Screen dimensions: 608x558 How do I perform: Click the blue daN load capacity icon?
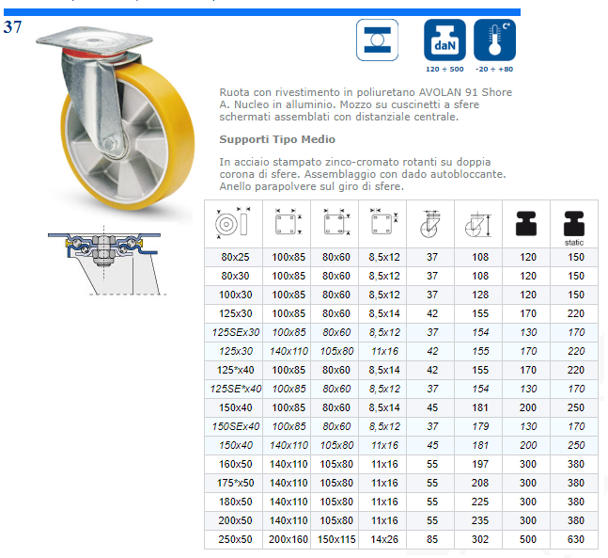click(x=444, y=40)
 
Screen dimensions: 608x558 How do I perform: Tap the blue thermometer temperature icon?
click(x=495, y=40)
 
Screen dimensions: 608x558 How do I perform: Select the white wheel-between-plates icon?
click(x=377, y=40)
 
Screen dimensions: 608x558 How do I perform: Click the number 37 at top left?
click(x=13, y=27)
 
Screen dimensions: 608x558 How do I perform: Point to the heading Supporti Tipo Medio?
click(x=277, y=139)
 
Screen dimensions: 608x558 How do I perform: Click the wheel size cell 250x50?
click(x=235, y=539)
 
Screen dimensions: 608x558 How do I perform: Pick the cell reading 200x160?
click(x=288, y=539)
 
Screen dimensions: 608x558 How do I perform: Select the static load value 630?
click(x=576, y=539)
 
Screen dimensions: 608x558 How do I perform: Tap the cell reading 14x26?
click(x=384, y=539)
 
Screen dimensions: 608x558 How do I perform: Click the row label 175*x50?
click(x=235, y=483)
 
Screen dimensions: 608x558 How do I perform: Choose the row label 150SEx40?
click(x=236, y=426)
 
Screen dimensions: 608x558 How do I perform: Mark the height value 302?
click(x=480, y=539)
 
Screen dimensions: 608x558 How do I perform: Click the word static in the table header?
click(x=574, y=243)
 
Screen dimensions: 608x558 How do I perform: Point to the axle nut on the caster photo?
click(x=109, y=145)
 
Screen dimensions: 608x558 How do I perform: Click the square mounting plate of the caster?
click(x=95, y=40)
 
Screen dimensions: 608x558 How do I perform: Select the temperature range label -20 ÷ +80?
click(x=494, y=69)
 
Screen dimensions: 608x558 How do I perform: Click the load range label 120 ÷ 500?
click(x=444, y=69)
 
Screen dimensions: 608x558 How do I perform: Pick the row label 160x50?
click(x=235, y=464)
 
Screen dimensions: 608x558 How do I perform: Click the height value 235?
click(x=480, y=520)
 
